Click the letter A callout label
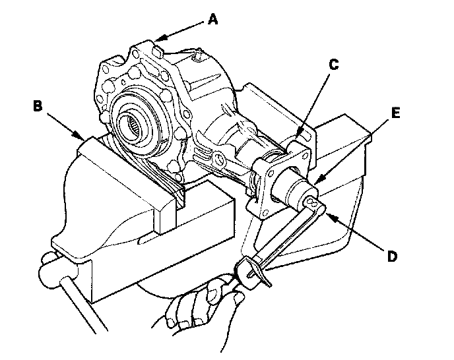[x=212, y=19]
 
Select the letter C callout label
[x=334, y=65]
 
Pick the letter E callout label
[x=397, y=113]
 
